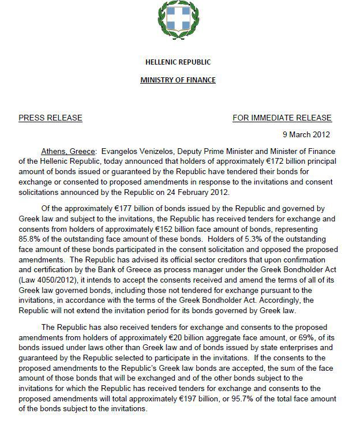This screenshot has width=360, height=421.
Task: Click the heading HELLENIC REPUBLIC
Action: tap(178, 62)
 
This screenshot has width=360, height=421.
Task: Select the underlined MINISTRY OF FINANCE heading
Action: tap(178, 80)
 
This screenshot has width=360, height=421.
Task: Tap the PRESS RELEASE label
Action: tap(50, 118)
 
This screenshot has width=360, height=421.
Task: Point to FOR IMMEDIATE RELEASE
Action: tap(282, 118)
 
